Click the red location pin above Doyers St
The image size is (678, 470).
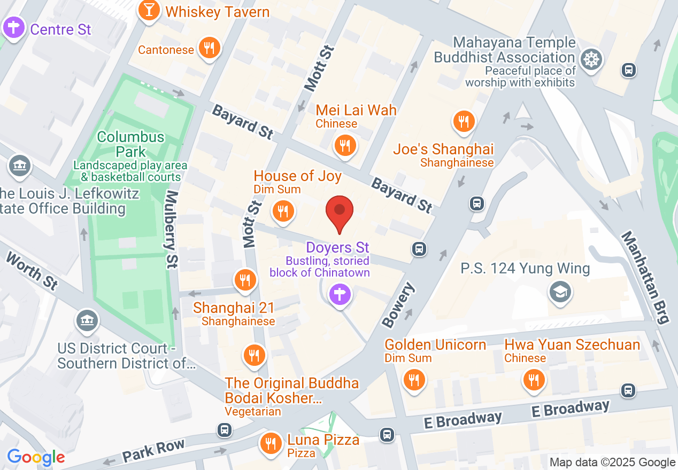(x=340, y=211)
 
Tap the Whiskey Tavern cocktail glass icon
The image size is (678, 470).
(x=149, y=11)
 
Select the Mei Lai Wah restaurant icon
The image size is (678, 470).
(x=345, y=144)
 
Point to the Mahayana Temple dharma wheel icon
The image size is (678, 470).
(x=590, y=58)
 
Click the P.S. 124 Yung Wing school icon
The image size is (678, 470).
(x=560, y=292)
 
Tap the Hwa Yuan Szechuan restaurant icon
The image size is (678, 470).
(x=533, y=380)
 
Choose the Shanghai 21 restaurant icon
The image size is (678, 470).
(x=245, y=279)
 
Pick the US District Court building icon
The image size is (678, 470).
(x=86, y=320)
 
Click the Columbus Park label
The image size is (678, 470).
(x=131, y=144)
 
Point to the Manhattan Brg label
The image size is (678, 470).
(x=645, y=277)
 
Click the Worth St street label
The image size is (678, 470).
(x=32, y=271)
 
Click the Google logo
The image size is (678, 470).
(x=36, y=457)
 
